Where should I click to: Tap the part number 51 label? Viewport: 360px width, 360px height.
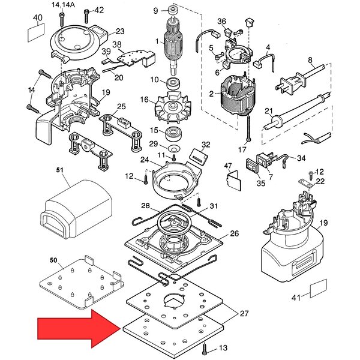pyautogui.click(x=59, y=170)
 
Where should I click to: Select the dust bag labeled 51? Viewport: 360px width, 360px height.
pyautogui.click(x=76, y=209)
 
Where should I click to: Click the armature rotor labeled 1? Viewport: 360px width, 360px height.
pyautogui.click(x=174, y=46)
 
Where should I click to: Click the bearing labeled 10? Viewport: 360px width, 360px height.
pyautogui.click(x=173, y=83)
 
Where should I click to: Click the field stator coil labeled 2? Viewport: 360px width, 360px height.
pyautogui.click(x=238, y=97)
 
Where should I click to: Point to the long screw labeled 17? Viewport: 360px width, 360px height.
pyautogui.click(x=248, y=128)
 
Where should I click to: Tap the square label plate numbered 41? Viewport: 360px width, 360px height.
pyautogui.click(x=319, y=289)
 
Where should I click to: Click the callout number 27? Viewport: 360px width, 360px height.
pyautogui.click(x=244, y=313)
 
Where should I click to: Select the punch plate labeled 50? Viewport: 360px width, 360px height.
pyautogui.click(x=82, y=282)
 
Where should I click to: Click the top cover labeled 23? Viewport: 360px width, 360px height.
pyautogui.click(x=79, y=43)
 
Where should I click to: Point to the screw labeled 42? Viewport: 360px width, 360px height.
pyautogui.click(x=86, y=16)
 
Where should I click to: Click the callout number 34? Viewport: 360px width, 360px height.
pyautogui.click(x=301, y=158)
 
